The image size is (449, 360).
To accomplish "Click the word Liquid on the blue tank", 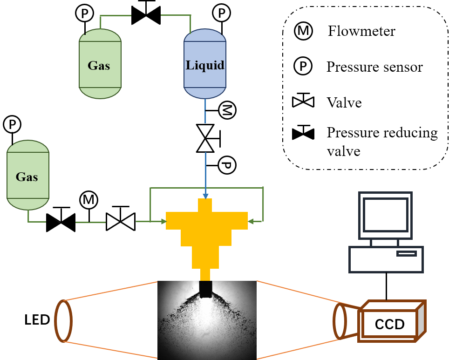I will pyautogui.click(x=205, y=65).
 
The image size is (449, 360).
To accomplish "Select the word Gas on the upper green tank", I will pyautogui.click(x=99, y=65).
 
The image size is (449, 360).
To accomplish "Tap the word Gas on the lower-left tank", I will pyautogui.click(x=27, y=177).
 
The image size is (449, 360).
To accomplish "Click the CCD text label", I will pyautogui.click(x=389, y=324).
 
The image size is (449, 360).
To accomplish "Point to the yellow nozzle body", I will pyautogui.click(x=206, y=228).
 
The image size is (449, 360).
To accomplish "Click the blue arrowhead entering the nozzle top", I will pyautogui.click(x=205, y=196).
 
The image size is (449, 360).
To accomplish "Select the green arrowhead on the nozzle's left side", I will pyautogui.click(x=163, y=221).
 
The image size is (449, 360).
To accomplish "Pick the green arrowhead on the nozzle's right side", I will pyautogui.click(x=251, y=221).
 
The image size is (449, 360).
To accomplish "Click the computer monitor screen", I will pyautogui.click(x=385, y=215).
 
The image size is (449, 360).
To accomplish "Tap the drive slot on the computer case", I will pyautogui.click(x=406, y=253).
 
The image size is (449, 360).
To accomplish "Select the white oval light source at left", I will pyautogui.click(x=63, y=321).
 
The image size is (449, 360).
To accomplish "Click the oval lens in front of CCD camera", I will pyautogui.click(x=340, y=321).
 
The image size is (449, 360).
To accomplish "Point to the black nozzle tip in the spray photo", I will pyautogui.click(x=205, y=289).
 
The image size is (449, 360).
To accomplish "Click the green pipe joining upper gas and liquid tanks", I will pyautogui.click(x=144, y=15).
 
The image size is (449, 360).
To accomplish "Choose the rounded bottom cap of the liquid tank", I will pyautogui.click(x=205, y=93).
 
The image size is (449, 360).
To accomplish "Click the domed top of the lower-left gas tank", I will pyautogui.click(x=28, y=146).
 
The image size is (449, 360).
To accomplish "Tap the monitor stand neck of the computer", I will pyautogui.click(x=385, y=243).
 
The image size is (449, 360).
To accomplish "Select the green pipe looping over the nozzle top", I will pyautogui.click(x=206, y=188).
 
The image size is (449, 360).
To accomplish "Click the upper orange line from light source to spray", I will pyautogui.click(x=112, y=291).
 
